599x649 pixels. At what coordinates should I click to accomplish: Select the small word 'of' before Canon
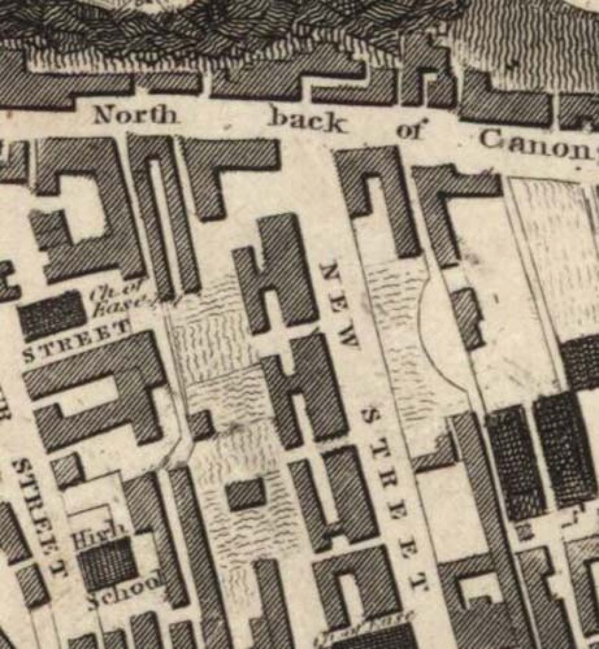click(412, 129)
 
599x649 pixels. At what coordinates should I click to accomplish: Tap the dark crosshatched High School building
click(108, 563)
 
